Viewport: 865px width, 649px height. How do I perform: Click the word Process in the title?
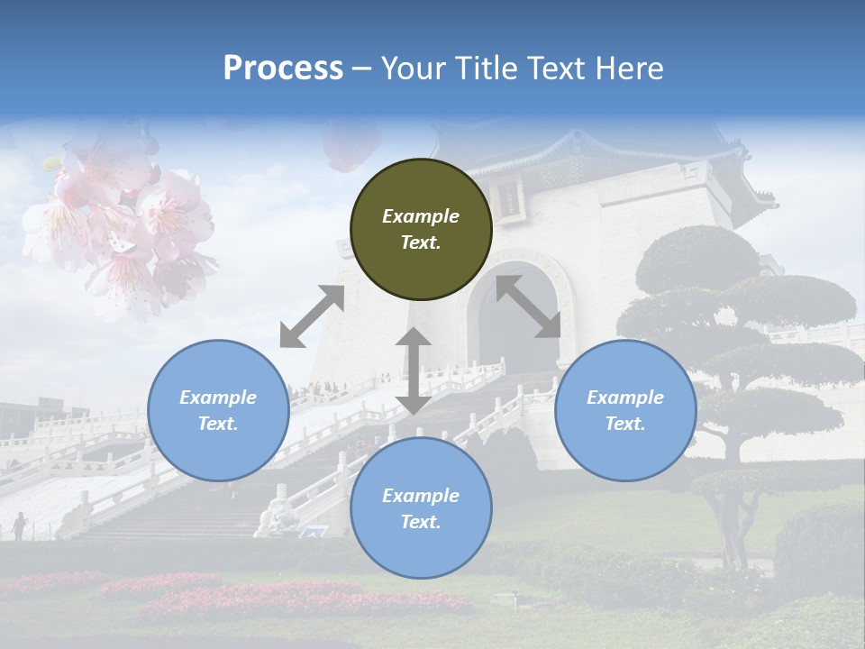coord(283,69)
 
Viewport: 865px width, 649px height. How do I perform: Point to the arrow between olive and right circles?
coord(528,306)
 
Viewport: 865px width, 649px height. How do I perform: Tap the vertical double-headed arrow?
coord(413,370)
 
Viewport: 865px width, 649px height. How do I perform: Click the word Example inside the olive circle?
coord(421,216)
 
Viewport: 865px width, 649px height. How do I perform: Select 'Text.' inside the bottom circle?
coord(421,522)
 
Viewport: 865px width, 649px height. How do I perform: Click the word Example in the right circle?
coord(625,398)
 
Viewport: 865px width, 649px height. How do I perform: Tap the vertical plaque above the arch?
coord(510,197)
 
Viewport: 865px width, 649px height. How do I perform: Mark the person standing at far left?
coord(19,526)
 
